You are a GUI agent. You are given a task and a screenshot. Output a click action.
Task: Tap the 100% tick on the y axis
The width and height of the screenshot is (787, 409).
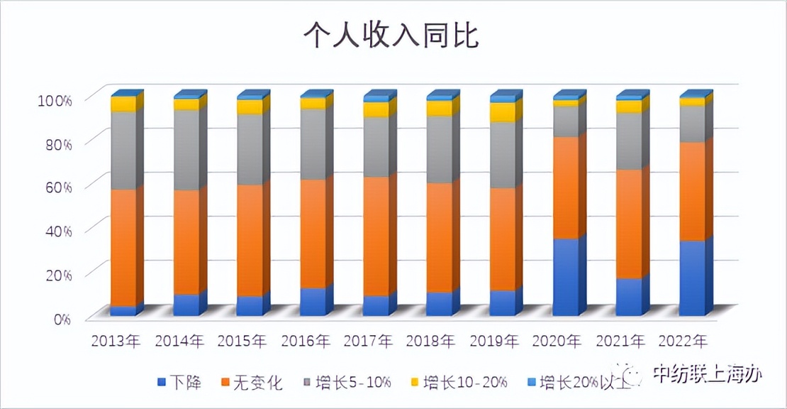tap(55, 100)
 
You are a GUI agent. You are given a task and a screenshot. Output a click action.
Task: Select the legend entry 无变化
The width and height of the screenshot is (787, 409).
tap(252, 383)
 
